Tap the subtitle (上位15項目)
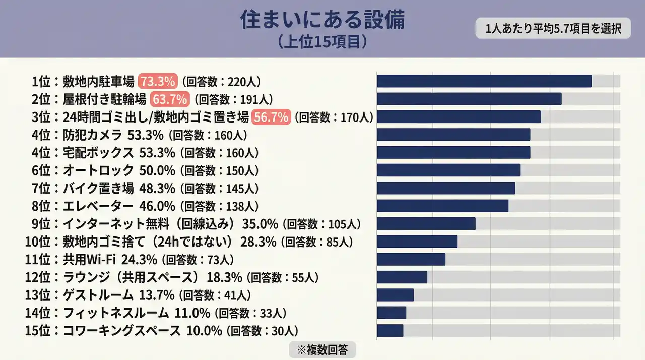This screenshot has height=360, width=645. click(x=322, y=42)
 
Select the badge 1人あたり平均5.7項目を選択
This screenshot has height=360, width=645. click(x=553, y=29)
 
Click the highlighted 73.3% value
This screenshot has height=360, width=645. click(x=158, y=81)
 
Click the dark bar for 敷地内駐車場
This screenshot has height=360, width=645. click(x=484, y=81)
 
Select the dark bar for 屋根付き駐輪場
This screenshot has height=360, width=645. click(x=469, y=99)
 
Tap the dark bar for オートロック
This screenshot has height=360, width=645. click(x=448, y=170)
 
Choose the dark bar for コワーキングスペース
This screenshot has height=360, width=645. click(x=390, y=331)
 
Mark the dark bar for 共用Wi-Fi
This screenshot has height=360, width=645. click(x=411, y=259)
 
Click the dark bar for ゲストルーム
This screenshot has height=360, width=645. click(x=395, y=295)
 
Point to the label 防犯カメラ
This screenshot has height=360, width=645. click(x=92, y=135)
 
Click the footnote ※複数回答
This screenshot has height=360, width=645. click(x=322, y=349)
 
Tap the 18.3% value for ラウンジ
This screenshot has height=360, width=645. click(x=225, y=277)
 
